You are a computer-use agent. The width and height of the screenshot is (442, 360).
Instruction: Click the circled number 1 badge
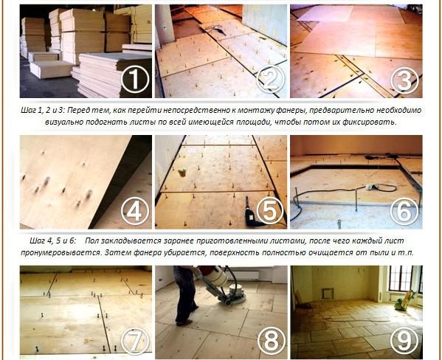point(135,80)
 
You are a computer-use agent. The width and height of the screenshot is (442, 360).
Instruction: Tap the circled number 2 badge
point(270,80)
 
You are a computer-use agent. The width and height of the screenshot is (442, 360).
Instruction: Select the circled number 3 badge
point(404,80)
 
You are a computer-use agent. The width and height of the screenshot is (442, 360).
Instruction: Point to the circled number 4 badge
point(135,211)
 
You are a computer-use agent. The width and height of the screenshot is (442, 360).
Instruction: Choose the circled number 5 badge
point(270,211)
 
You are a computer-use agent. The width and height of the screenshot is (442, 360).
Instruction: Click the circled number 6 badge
point(404,212)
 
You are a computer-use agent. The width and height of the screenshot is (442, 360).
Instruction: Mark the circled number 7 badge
point(135,341)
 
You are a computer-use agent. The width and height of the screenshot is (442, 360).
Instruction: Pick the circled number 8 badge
point(271,342)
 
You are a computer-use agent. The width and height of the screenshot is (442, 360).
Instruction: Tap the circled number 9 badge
point(404,341)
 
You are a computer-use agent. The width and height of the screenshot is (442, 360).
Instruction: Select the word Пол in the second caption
point(91,240)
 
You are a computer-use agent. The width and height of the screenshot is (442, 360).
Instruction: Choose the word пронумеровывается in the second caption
point(61,252)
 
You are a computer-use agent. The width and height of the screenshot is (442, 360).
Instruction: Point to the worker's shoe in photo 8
point(184,322)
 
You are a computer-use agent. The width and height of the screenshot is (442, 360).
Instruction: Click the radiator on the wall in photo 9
point(328,294)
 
